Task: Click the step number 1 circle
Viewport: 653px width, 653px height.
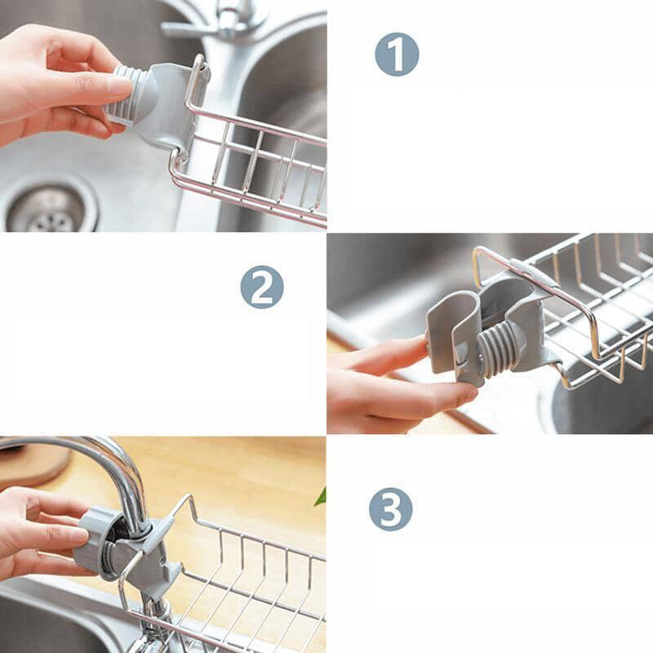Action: click(397, 55)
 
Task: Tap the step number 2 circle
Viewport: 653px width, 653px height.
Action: click(262, 287)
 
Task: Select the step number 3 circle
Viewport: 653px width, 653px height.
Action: click(391, 509)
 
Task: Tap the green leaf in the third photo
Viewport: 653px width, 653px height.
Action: click(321, 496)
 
